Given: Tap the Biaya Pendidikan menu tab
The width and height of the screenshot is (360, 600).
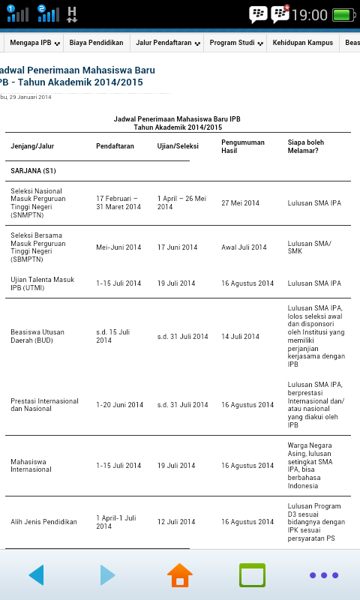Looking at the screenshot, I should (96, 43).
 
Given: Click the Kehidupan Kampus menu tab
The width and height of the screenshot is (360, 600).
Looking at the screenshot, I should (302, 43).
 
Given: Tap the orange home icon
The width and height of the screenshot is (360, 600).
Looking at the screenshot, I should (180, 575).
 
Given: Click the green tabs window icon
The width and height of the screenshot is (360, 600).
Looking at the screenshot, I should (252, 575).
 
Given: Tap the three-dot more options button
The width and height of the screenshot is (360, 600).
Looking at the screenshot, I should (324, 575).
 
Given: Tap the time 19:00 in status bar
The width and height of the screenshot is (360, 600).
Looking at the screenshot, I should (310, 14).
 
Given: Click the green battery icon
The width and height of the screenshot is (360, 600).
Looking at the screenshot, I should (343, 14).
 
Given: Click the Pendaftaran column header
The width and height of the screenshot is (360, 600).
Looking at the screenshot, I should (115, 145).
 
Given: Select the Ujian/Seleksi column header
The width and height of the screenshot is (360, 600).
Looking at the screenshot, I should (177, 145).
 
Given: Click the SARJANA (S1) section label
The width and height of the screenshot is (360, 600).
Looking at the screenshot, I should (33, 171).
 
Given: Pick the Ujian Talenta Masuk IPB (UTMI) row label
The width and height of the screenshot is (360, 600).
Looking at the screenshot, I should (42, 283).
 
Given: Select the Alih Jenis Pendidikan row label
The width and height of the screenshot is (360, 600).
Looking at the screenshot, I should (43, 522).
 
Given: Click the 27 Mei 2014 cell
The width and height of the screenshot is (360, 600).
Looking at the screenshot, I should (240, 203).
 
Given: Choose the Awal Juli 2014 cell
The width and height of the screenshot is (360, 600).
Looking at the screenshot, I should (244, 247).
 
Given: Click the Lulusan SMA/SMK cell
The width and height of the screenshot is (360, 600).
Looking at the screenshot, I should (309, 247).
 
